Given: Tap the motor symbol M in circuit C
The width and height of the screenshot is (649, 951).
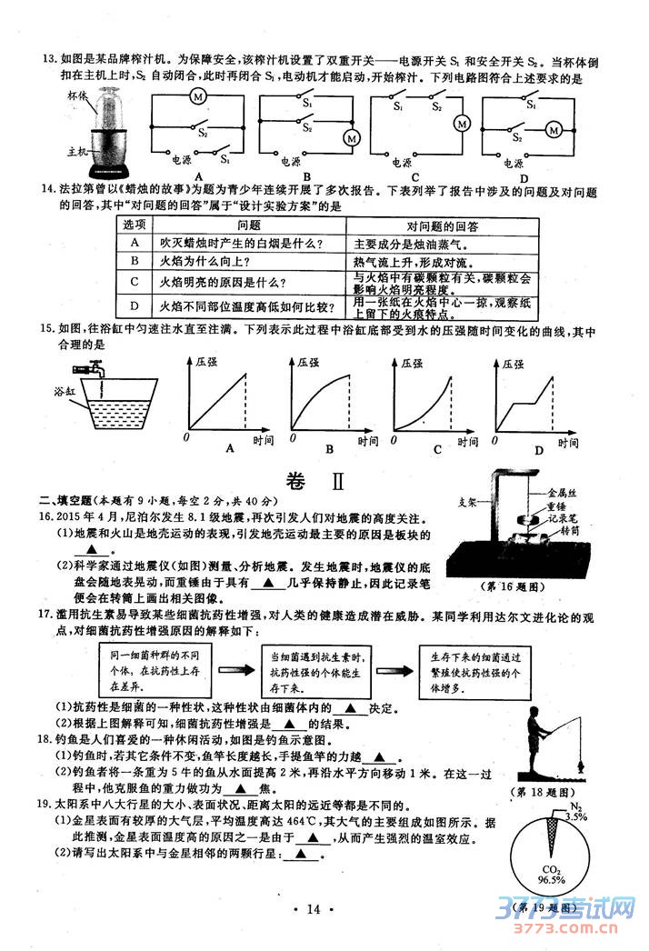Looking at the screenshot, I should [x=461, y=124].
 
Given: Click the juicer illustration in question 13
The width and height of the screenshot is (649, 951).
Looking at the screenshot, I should [x=108, y=135].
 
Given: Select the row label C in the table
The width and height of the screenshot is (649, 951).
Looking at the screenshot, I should [x=135, y=283].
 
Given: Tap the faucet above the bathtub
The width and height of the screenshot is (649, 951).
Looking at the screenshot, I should [x=91, y=371].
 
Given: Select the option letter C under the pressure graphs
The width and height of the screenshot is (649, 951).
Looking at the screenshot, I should [x=437, y=449].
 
